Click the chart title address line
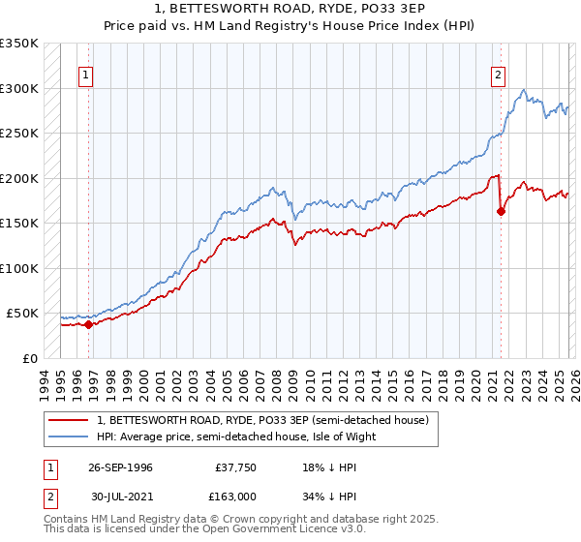point(290,9)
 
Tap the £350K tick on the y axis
point(19,44)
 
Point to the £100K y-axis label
point(19,268)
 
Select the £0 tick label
point(29,358)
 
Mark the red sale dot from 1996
point(89,324)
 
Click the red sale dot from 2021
point(501,212)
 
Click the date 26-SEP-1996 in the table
point(120,467)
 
